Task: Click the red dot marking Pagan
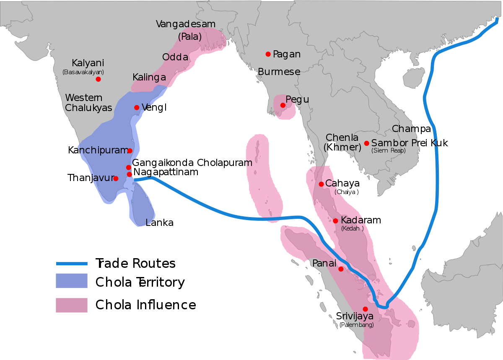[x=268, y=54]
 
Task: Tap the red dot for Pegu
[x=283, y=105]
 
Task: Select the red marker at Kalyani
[x=98, y=79]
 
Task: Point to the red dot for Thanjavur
[x=116, y=179]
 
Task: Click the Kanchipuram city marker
[x=130, y=151]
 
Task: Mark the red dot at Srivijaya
[x=365, y=309]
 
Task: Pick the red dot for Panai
[x=341, y=269]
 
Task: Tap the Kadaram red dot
[x=335, y=221]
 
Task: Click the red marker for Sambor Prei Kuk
[x=367, y=143]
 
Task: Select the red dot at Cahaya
[x=321, y=184]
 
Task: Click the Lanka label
[x=159, y=223]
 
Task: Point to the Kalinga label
[x=149, y=78]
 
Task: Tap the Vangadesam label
[x=185, y=24]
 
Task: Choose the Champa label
[x=411, y=128]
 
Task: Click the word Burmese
[x=279, y=72]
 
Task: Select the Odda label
[x=175, y=57]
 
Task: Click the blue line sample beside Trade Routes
[x=72, y=264]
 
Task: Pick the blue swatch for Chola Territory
[x=72, y=281]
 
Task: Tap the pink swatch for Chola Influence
[x=72, y=305]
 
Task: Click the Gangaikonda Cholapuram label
[x=192, y=163]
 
